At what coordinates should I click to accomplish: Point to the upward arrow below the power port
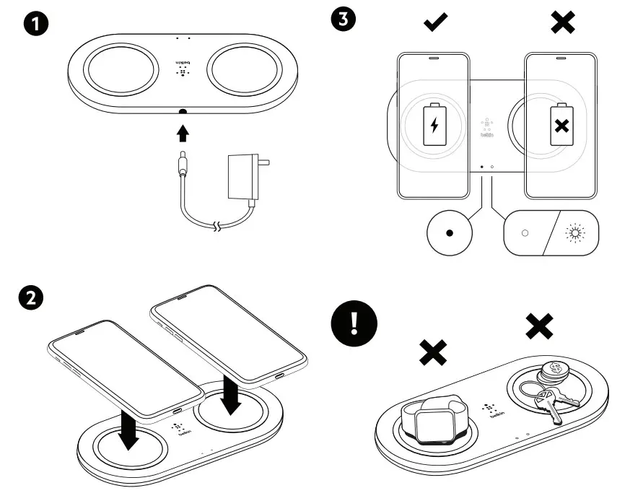183,132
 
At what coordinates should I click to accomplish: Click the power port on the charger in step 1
183,113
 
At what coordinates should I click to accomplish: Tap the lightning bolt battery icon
434,125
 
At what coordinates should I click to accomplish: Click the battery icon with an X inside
560,125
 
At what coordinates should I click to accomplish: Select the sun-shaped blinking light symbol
575,233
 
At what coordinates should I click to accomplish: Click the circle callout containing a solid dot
450,234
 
